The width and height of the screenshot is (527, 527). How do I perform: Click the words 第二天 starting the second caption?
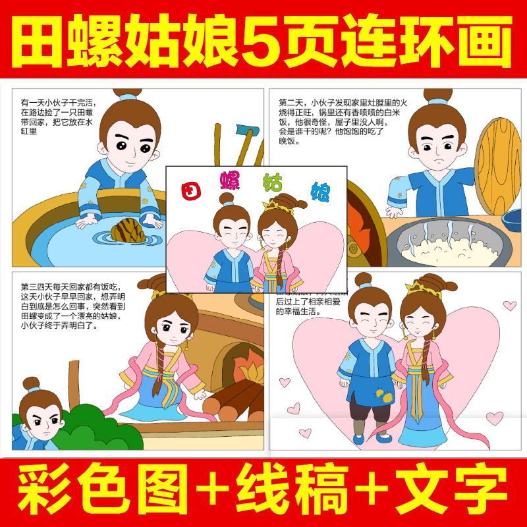tap(292, 103)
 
